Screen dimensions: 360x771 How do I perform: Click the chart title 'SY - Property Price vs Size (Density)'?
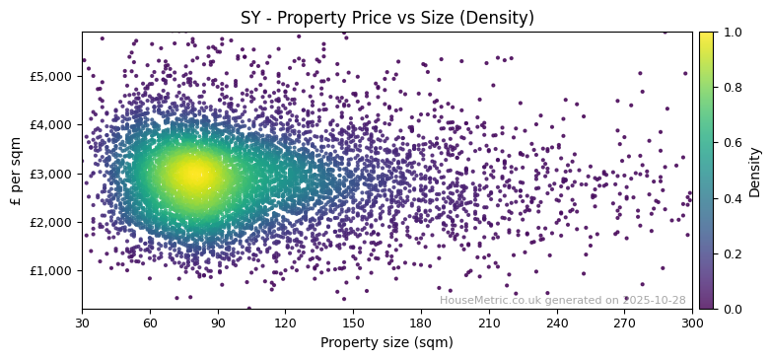tap(387, 18)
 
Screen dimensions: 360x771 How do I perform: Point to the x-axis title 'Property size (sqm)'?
tap(386, 343)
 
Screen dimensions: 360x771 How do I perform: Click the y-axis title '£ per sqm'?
tap(17, 171)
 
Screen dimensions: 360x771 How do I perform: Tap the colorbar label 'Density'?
tap(755, 172)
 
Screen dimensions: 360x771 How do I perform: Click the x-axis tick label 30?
tap(82, 323)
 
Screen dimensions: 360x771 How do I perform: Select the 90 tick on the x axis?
tap(218, 323)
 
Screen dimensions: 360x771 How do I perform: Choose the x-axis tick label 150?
tap(353, 323)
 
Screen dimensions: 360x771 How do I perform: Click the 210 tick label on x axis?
tap(489, 323)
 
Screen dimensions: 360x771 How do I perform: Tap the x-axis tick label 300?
tap(692, 323)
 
